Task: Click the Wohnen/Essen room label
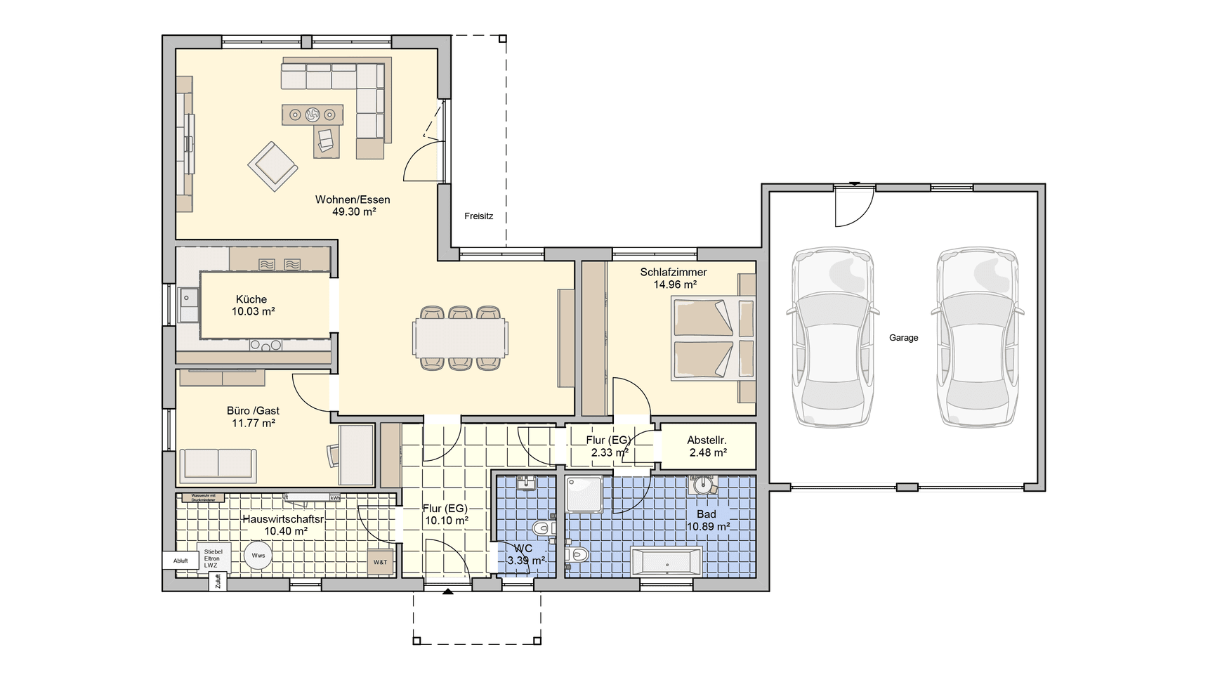[353, 200]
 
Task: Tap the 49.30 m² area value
[354, 211]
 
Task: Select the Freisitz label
[478, 216]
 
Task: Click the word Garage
[903, 338]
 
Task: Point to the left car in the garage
[833, 338]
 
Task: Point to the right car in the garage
[978, 338]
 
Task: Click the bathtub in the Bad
[667, 562]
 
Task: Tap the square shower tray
[584, 495]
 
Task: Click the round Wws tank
[258, 556]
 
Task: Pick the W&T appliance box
[380, 562]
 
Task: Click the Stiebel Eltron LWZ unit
[212, 558]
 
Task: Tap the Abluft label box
[180, 561]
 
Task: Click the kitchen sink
[188, 303]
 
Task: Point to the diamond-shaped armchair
[273, 166]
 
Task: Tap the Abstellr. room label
[707, 440]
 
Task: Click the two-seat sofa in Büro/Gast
[218, 464]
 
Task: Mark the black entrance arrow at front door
[447, 592]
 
